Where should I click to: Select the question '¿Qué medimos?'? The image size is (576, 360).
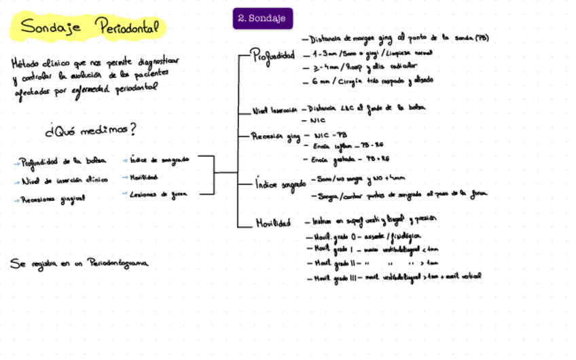[x=90, y=129]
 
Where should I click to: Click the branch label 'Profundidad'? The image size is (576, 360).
[x=273, y=55]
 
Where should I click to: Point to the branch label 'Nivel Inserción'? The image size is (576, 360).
[x=274, y=109]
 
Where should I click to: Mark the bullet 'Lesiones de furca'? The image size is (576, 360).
[x=158, y=194]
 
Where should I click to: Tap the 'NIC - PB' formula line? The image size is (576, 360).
[x=329, y=136]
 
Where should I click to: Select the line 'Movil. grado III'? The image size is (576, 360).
[x=396, y=277]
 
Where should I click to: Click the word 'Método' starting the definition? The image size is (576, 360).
[x=25, y=63]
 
